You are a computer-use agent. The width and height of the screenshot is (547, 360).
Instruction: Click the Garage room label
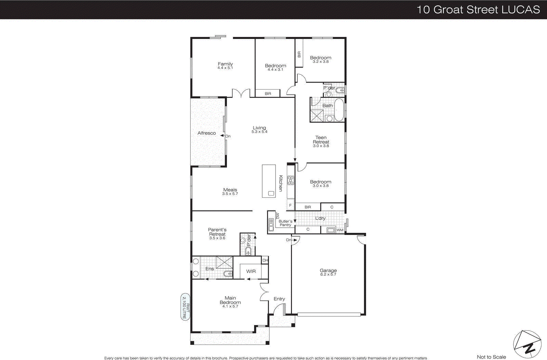pyautogui.click(x=328, y=270)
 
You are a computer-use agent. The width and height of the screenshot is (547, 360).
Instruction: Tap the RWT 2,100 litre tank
pyautogui.click(x=185, y=307)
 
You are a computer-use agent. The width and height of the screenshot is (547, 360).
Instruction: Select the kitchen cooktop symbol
pyautogui.click(x=291, y=181)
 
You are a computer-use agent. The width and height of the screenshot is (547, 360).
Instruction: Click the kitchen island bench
pyautogui.click(x=269, y=181)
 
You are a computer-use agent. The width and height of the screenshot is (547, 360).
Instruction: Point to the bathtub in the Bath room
pyautogui.click(x=339, y=110)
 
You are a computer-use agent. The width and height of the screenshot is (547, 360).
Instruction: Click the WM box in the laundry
pyautogui.click(x=339, y=230)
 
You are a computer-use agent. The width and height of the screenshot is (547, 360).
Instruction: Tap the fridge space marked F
pyautogui.click(x=290, y=205)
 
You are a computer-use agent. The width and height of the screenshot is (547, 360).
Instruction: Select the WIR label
pyautogui.click(x=251, y=271)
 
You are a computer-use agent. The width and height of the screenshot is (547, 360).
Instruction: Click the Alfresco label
pyautogui.click(x=206, y=133)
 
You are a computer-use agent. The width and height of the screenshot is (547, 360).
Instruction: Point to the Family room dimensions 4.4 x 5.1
pyautogui.click(x=225, y=68)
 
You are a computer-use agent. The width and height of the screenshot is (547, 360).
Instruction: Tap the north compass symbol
pyautogui.click(x=527, y=345)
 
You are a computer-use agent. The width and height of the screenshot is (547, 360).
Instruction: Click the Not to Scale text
pyautogui.click(x=491, y=357)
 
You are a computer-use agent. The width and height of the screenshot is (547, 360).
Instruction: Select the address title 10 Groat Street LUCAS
pyautogui.click(x=478, y=10)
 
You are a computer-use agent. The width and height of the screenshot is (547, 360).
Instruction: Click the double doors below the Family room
pyautogui.click(x=241, y=93)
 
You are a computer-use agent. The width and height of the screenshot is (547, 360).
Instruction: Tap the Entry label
pyautogui.click(x=279, y=299)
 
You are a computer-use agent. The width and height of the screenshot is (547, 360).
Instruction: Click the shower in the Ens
pyautogui.click(x=225, y=262)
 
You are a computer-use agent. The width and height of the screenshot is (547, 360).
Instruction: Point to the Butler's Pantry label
pyautogui.click(x=285, y=223)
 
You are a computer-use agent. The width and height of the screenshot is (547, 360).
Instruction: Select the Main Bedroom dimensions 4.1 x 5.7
pyautogui.click(x=230, y=306)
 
